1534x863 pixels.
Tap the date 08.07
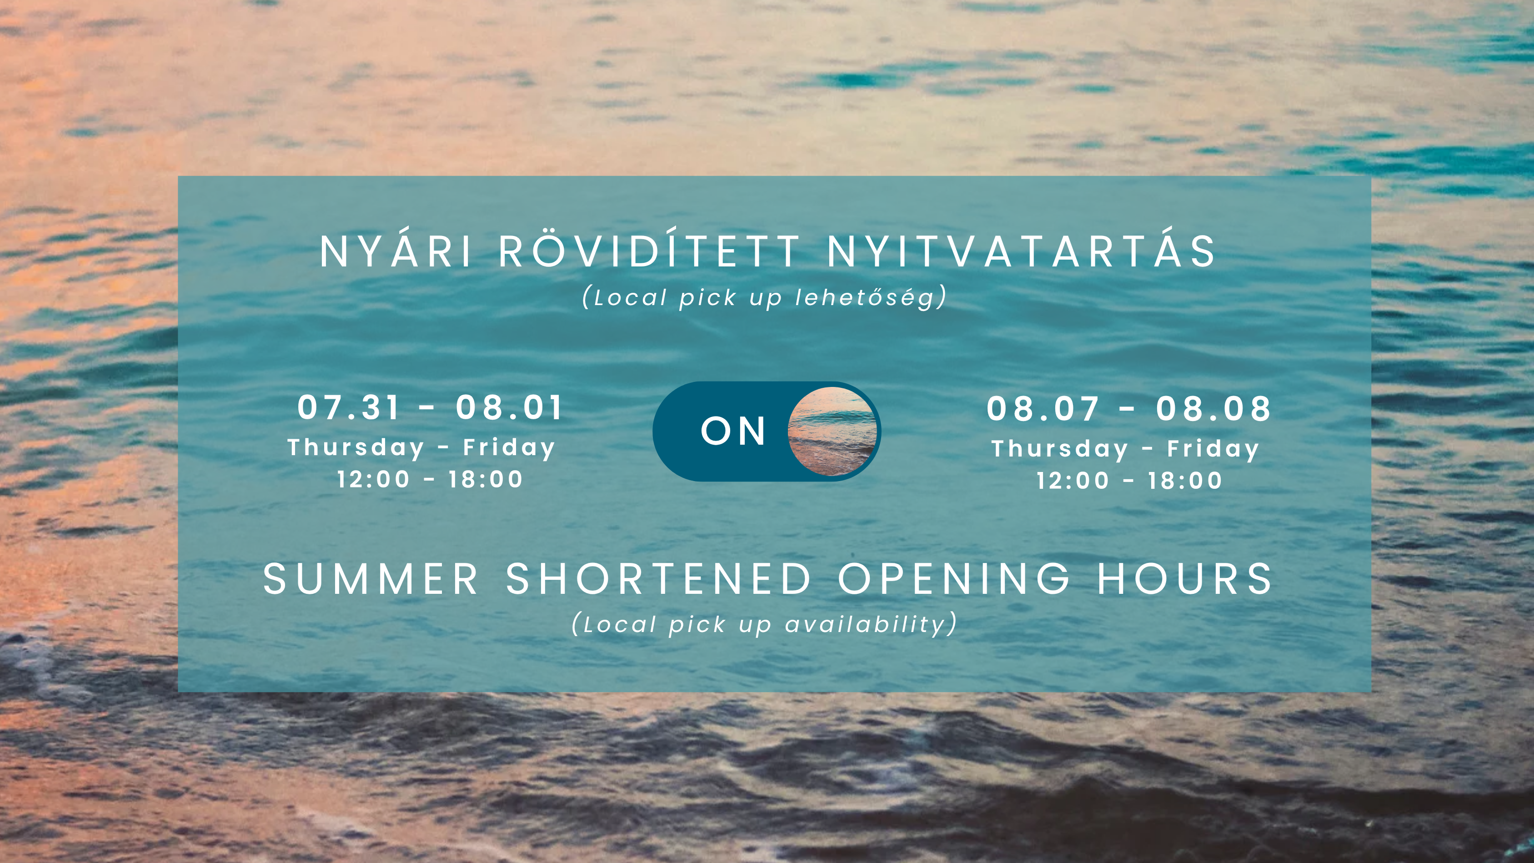pos(1042,409)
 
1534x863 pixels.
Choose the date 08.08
pos(1213,409)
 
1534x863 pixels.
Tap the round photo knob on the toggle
pos(832,431)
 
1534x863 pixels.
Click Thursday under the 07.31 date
pos(356,448)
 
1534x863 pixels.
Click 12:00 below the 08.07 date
pos(1073,481)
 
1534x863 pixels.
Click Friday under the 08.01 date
pos(509,448)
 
